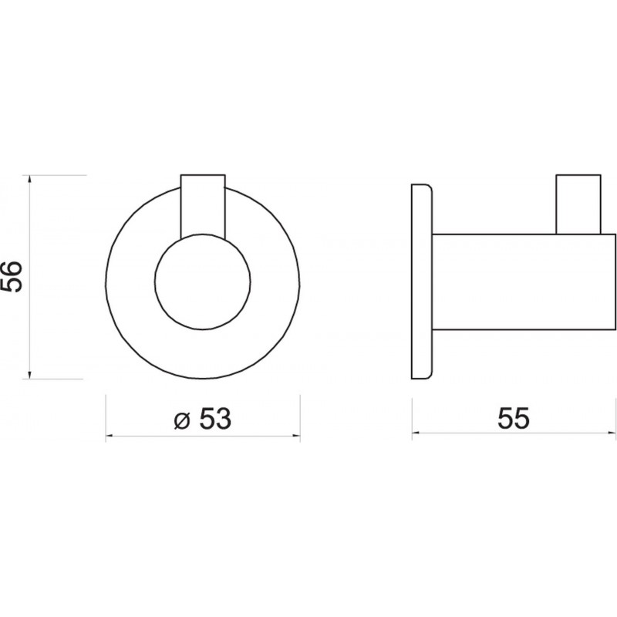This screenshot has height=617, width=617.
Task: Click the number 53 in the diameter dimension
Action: (214, 418)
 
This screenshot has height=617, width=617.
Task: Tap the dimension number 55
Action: (514, 418)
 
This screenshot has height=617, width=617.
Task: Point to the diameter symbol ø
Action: (182, 420)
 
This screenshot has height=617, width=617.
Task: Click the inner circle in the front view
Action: (203, 281)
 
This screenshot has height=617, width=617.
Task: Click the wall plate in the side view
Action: (422, 281)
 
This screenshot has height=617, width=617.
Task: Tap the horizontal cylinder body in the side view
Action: (524, 282)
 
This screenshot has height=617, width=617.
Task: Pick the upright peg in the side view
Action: (578, 204)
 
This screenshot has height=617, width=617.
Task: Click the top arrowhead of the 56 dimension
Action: (29, 180)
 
